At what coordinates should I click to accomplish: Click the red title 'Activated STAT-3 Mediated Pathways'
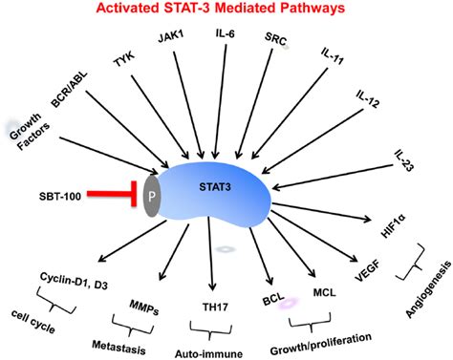click(226, 11)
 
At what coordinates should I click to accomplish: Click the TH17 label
click(219, 297)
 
